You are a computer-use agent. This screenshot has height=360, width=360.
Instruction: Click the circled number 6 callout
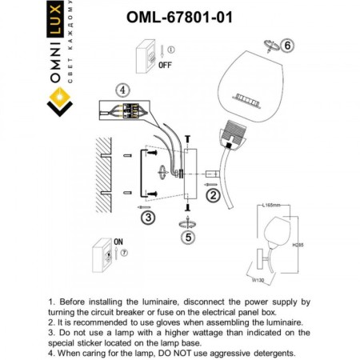tap(289, 45)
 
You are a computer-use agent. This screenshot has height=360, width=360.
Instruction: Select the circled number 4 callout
tap(122, 90)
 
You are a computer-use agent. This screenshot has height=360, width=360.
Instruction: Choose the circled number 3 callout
tap(146, 217)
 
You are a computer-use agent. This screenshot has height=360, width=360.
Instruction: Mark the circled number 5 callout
tap(189, 237)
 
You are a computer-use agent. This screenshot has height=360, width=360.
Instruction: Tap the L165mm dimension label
tap(272, 206)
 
